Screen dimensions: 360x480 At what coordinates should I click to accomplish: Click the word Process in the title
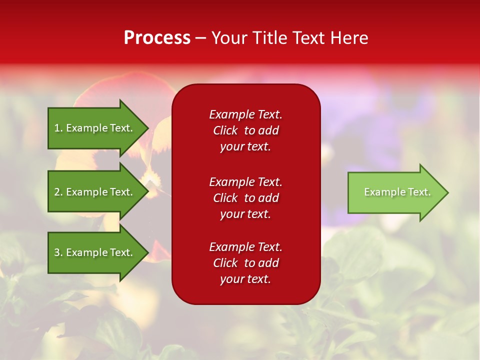[x=157, y=38]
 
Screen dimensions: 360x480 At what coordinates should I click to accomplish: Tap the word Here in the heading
[x=349, y=38]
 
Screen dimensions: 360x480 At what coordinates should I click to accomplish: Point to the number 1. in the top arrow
[x=58, y=128]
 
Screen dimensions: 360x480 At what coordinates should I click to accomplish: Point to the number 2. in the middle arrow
[x=58, y=192]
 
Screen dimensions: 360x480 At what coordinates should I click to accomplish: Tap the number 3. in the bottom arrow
[x=58, y=252]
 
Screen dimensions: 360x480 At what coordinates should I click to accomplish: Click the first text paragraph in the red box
[x=245, y=130]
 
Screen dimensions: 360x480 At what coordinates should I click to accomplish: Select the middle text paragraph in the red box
[x=245, y=198]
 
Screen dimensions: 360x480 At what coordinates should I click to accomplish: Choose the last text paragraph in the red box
[x=245, y=263]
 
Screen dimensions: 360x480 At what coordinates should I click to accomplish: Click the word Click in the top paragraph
[x=225, y=130]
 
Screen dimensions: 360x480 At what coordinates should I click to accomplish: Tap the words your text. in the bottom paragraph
[x=245, y=279]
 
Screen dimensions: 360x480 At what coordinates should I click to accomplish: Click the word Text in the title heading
[x=309, y=38]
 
